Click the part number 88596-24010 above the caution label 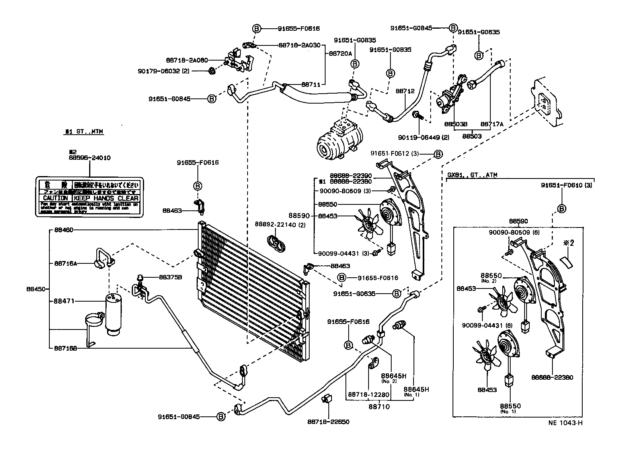(89, 158)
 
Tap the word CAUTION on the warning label (55, 198)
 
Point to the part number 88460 (63, 230)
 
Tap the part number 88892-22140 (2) (280, 224)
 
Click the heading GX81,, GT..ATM (472, 175)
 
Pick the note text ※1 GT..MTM (84, 131)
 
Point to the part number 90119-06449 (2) (423, 137)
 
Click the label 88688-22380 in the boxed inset (552, 377)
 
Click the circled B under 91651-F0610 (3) (562, 208)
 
